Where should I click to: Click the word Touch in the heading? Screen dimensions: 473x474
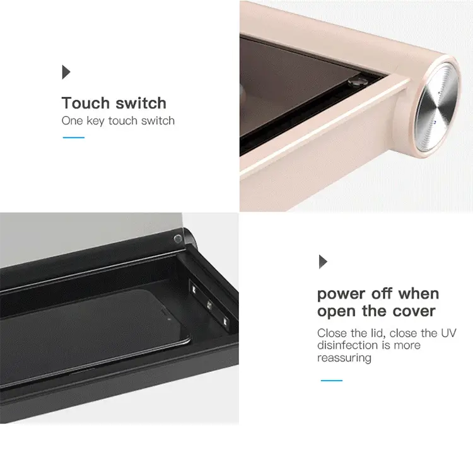coord(86,103)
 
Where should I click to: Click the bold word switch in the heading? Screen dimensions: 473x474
coord(141,103)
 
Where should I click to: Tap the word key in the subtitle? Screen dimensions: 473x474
coord(96,121)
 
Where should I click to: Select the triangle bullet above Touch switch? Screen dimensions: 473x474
coord(66,72)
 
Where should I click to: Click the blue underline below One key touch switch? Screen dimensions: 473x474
coord(74,137)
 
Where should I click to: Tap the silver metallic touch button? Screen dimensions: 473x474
coord(436,107)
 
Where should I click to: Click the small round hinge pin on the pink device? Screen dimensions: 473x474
coord(356,81)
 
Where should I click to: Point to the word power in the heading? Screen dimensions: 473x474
coord(341,294)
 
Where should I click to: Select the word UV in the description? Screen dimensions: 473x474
coord(448,333)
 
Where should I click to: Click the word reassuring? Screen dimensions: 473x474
coord(344,358)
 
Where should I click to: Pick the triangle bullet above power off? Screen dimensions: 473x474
coord(324,262)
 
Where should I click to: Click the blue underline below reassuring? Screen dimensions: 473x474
coord(332,380)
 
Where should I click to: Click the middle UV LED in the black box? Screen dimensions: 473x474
coord(209,305)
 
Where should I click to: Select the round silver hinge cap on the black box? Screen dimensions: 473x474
coord(178,239)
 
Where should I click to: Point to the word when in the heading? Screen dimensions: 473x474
coord(419,294)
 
